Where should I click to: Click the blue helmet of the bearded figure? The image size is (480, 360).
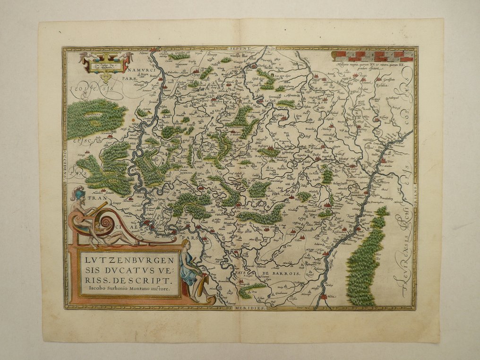(x=78, y=193)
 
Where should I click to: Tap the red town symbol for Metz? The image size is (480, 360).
(x=323, y=297)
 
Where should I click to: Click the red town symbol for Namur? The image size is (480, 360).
(x=153, y=50)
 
